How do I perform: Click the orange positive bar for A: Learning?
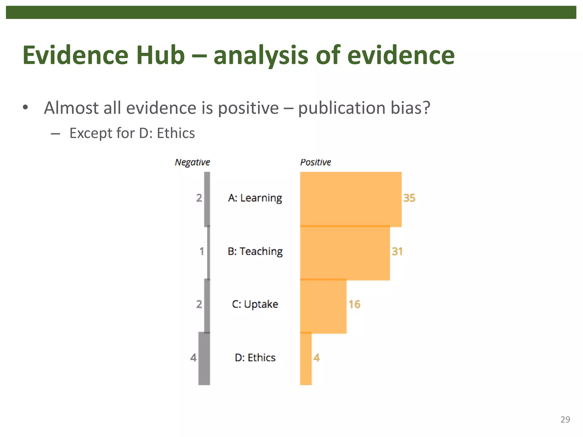350,199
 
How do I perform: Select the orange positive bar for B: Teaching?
345,253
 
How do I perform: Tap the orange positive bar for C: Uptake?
323,306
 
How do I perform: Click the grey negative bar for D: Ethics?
204,358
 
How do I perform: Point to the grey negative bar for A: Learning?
207,199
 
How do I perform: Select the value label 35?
409,198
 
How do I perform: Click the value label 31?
397,252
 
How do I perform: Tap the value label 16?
354,304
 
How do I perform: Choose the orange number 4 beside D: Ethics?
317,358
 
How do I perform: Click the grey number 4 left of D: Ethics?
193,358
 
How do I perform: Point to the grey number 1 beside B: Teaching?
202,252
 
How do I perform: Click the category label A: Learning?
255,198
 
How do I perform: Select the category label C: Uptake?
255,304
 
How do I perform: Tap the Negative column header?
192,162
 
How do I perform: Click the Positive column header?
315,162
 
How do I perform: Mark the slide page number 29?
565,419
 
